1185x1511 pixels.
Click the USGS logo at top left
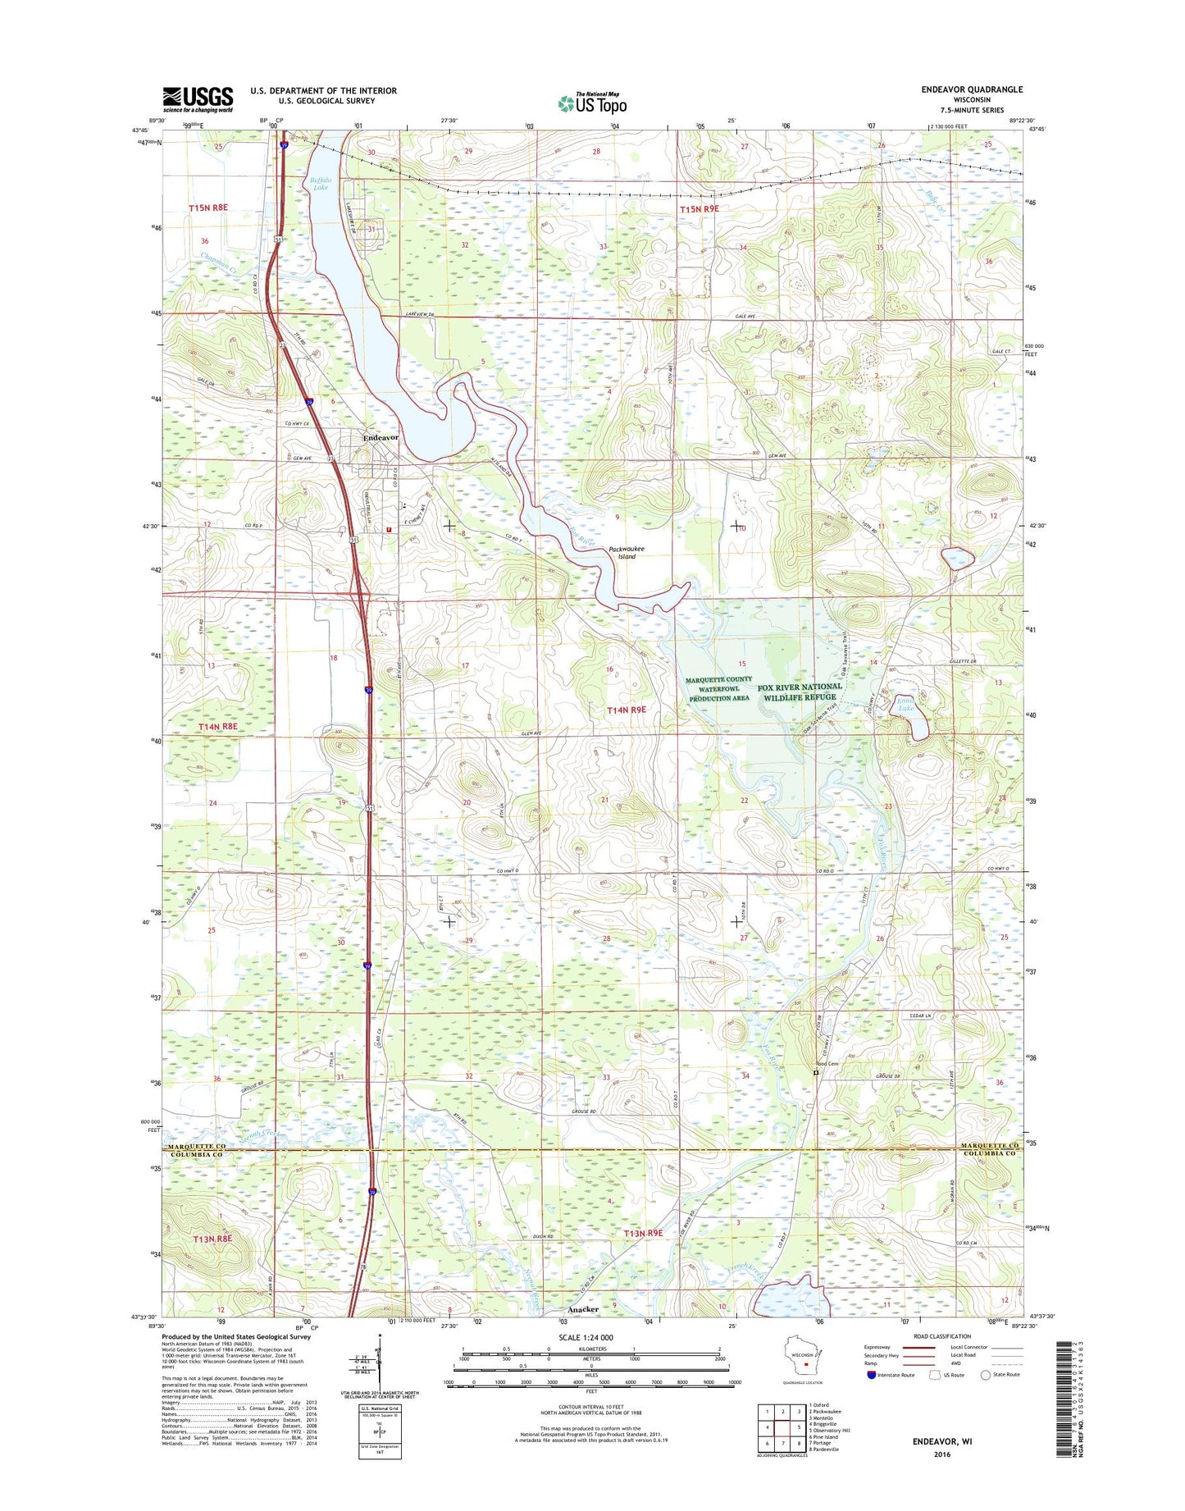198,99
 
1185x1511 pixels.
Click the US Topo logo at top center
592,103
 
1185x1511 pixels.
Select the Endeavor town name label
381,438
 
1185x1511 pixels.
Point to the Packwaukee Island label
627,553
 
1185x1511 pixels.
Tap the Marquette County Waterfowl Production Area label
718,688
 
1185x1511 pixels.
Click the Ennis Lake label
905,705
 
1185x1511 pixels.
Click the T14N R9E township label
627,709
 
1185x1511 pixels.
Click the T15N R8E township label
208,208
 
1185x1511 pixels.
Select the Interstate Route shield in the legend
871,1375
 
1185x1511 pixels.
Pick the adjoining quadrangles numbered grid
782,1428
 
